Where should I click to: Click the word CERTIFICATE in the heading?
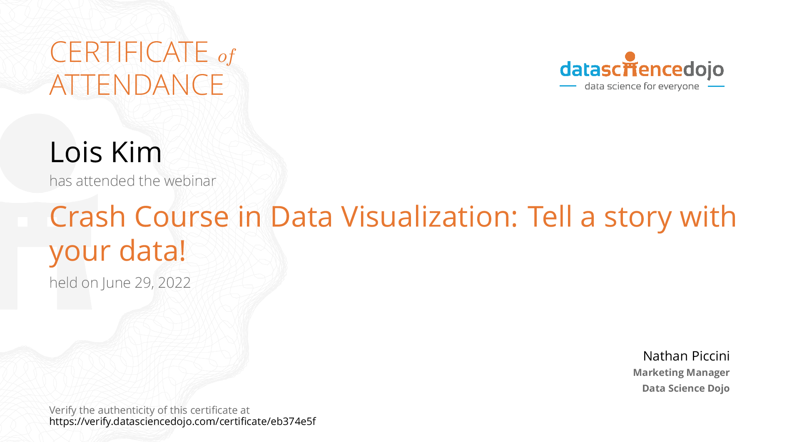click(129, 52)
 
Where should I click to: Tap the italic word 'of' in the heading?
click(227, 56)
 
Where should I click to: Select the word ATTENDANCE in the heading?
click(137, 85)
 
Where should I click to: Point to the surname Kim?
click(136, 152)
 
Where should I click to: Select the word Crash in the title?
click(87, 217)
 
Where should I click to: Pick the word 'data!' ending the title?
click(152, 250)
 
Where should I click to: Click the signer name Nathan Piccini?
click(686, 356)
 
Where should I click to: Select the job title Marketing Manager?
click(681, 373)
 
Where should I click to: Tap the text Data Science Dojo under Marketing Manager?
click(686, 388)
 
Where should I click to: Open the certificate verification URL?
click(182, 422)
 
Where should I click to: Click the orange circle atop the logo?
click(630, 57)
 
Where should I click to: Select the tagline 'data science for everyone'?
click(642, 86)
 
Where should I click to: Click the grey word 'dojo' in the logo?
click(703, 70)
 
